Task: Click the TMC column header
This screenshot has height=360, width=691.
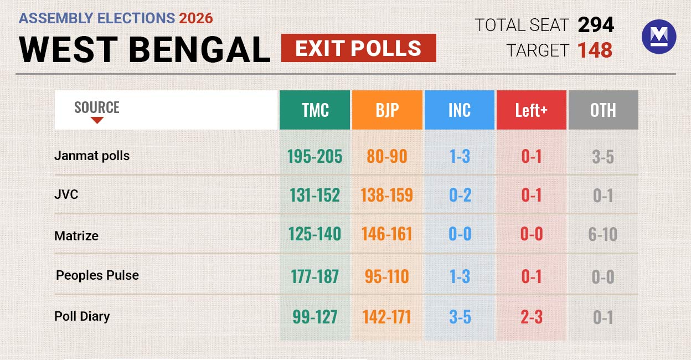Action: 314,110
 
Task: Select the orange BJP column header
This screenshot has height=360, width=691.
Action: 387,110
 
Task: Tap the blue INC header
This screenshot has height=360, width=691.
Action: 459,110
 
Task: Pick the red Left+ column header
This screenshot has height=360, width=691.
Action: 531,110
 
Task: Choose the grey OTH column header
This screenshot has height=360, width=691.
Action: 603,110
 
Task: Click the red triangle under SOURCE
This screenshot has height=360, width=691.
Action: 97,120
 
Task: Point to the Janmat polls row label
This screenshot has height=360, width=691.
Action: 92,156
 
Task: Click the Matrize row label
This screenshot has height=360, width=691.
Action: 76,236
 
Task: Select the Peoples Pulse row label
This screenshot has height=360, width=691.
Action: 97,275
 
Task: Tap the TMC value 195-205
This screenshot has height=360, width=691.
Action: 314,157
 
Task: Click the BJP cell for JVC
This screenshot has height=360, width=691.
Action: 386,196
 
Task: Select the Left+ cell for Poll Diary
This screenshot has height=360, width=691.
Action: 531,317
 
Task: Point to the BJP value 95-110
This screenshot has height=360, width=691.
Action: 386,276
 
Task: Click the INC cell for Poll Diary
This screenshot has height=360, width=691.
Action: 459,317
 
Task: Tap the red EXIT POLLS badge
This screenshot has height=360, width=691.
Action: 358,48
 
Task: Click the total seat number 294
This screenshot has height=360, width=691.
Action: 596,25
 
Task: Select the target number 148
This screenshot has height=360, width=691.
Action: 595,50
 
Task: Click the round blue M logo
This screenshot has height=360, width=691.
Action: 658,37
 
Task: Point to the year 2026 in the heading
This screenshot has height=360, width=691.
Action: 196,18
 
